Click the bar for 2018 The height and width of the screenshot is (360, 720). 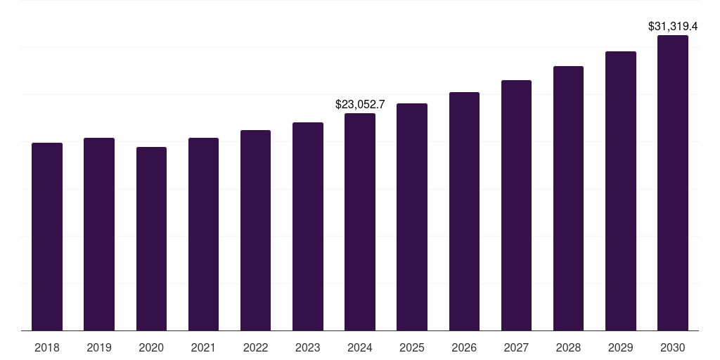[x=47, y=236]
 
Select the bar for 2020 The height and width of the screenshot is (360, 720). [x=151, y=238]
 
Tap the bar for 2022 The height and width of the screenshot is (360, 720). [x=255, y=230]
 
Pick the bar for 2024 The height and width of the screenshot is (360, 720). [x=360, y=221]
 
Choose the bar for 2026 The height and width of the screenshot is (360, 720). [x=464, y=211]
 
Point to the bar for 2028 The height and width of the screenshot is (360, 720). [x=568, y=198]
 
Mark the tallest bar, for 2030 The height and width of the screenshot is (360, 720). [x=673, y=183]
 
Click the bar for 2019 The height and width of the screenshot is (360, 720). [x=99, y=234]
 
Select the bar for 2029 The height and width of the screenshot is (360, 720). [x=621, y=191]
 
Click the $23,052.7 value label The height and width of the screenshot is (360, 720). [x=360, y=104]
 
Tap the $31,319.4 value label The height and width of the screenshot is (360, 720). [x=673, y=26]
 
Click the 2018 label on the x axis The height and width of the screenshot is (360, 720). [x=47, y=347]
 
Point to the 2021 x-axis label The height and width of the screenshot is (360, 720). [x=203, y=347]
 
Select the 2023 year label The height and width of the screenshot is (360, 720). [x=308, y=347]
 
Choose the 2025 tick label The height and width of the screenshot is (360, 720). [x=412, y=347]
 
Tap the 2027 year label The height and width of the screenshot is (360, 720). [x=516, y=347]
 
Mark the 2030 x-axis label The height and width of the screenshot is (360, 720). [x=673, y=347]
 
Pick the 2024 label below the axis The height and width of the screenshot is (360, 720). [x=360, y=347]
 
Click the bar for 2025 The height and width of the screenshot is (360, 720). [x=412, y=217]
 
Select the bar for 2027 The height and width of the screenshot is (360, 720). [x=516, y=205]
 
